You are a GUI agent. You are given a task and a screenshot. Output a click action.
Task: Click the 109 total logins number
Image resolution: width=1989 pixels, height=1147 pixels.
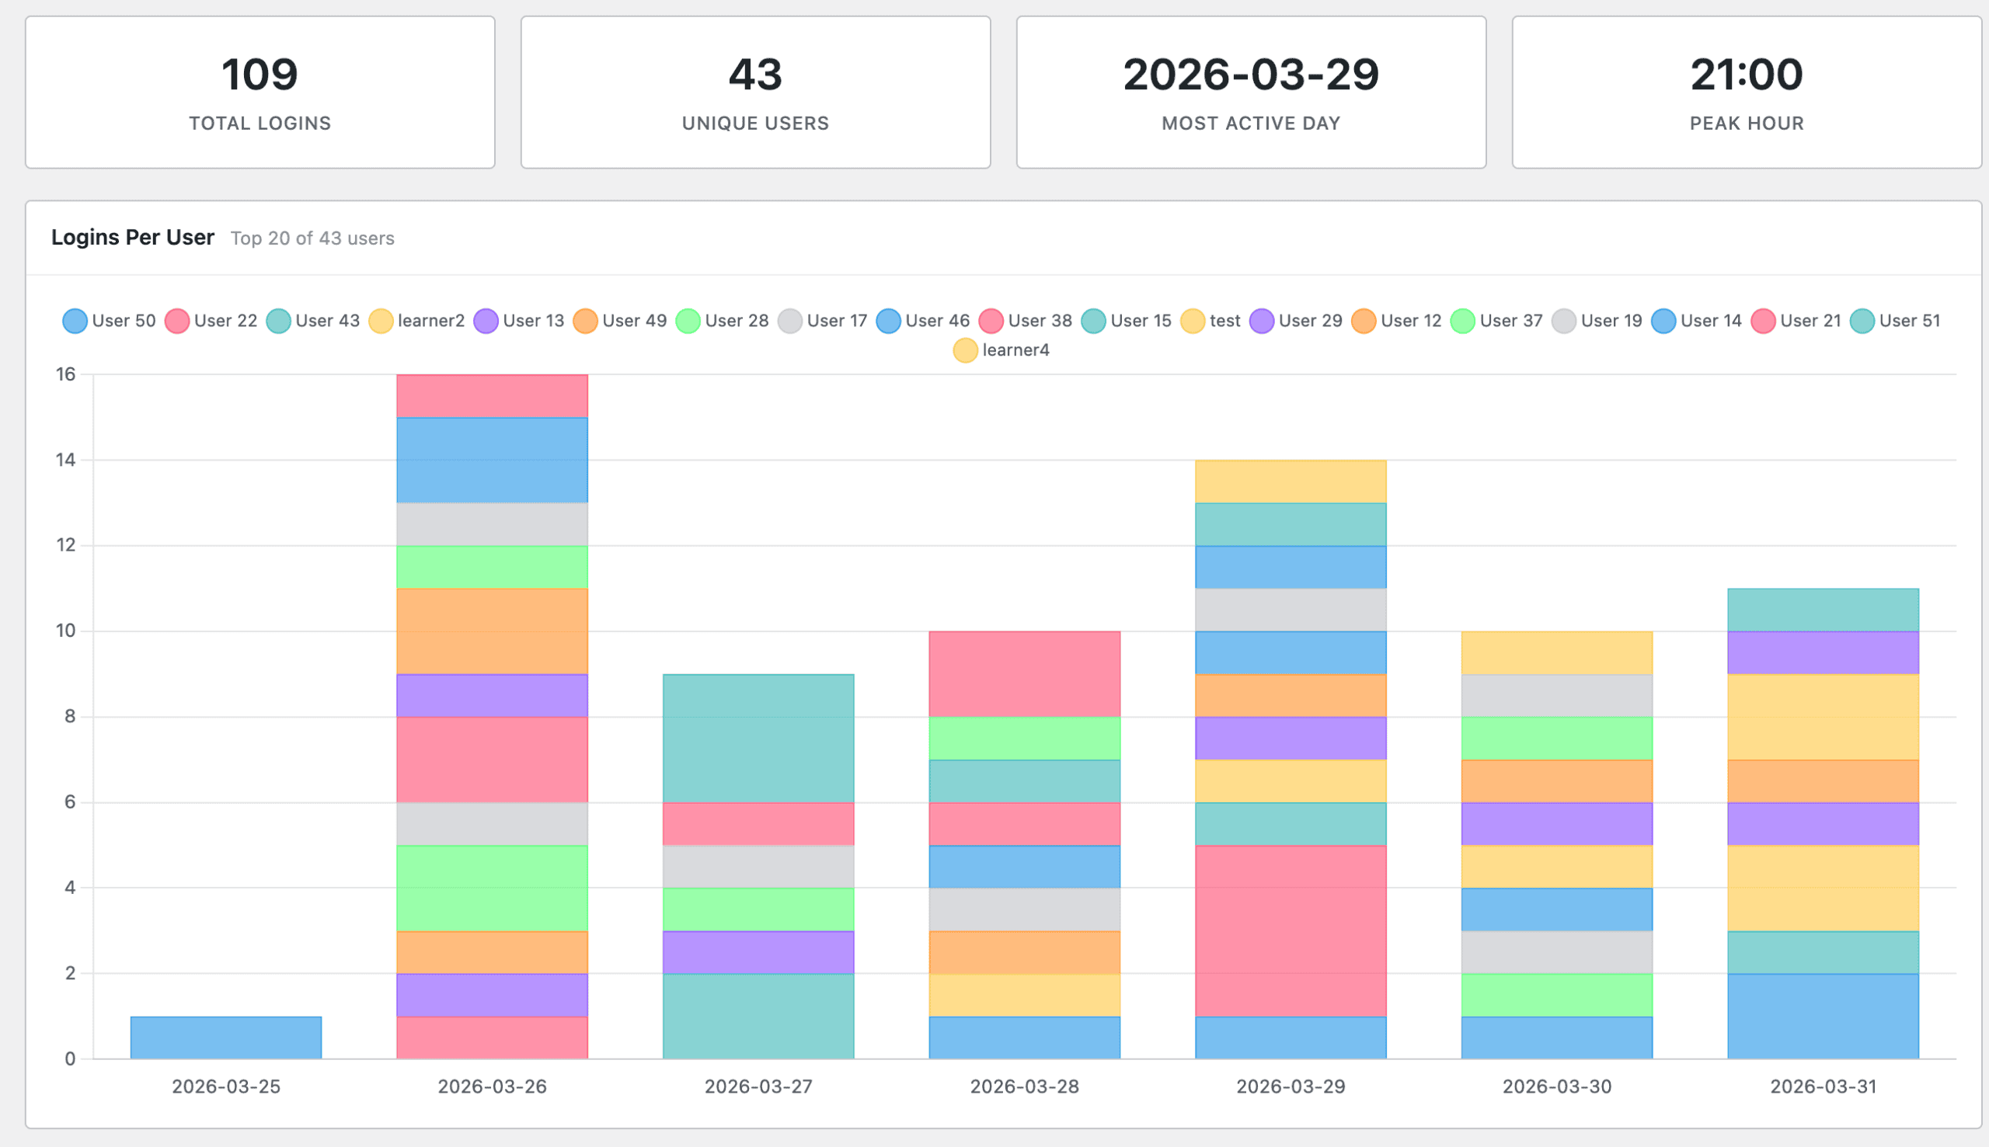coord(260,74)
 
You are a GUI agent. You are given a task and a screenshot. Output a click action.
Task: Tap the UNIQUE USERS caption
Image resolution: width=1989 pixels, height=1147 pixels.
coord(755,123)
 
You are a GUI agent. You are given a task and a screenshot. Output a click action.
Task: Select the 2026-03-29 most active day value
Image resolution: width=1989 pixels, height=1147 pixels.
coord(1251,74)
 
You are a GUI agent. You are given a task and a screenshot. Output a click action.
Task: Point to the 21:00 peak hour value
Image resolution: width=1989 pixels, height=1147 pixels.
coord(1747,74)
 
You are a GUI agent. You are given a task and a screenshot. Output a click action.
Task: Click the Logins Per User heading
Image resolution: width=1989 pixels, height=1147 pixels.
coord(132,237)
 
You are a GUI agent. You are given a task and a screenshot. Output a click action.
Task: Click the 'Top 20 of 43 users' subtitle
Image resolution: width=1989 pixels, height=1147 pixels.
coord(312,238)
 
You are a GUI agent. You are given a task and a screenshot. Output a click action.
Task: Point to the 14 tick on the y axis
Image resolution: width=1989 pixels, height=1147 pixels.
coord(65,459)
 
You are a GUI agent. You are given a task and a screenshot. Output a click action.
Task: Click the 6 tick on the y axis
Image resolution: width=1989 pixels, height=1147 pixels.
coord(70,802)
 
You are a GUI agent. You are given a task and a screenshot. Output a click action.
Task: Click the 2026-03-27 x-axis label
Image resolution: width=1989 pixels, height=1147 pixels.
coord(758,1086)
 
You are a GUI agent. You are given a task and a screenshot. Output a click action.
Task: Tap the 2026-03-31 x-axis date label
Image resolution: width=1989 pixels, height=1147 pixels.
coord(1823,1086)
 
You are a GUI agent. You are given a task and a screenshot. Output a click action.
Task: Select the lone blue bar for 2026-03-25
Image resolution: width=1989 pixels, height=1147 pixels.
coord(226,1038)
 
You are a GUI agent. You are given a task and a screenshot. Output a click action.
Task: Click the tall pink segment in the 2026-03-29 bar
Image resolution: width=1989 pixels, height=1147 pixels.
coord(1290,930)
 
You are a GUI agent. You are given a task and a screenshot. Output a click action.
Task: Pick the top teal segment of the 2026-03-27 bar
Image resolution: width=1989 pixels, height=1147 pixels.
coord(758,739)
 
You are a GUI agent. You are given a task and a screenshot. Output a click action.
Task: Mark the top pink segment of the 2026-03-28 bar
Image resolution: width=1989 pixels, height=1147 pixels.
coord(1024,673)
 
